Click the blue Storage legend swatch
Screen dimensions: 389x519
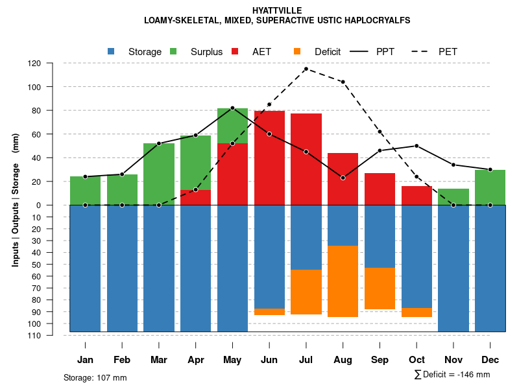tap(112, 51)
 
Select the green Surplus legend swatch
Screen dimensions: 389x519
tap(173, 51)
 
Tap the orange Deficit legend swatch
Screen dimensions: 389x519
tap(297, 51)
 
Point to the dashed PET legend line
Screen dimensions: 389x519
tap(420, 51)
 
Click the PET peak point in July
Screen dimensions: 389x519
tap(306, 69)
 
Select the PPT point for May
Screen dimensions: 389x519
tap(232, 108)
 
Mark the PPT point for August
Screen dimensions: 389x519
tap(343, 178)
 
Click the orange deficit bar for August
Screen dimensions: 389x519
tap(343, 281)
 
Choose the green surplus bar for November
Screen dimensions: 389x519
tap(453, 197)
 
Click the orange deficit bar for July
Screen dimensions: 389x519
tap(306, 292)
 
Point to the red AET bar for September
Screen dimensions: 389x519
tap(380, 189)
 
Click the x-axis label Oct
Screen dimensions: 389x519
tap(416, 360)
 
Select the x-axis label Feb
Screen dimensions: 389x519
tap(122, 360)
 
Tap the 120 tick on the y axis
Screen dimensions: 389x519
tap(34, 64)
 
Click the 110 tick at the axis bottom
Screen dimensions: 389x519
tap(34, 335)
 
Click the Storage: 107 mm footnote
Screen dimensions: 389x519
tap(95, 377)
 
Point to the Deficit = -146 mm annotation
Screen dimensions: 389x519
tap(452, 375)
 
